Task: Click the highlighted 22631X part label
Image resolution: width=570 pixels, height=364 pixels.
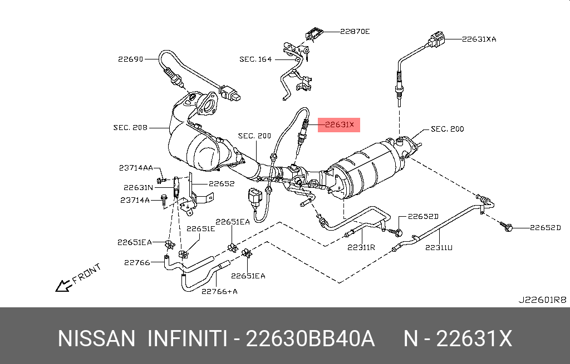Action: (339, 125)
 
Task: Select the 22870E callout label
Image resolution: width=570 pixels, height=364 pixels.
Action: (355, 32)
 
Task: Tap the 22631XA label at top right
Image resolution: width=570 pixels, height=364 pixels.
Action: (479, 39)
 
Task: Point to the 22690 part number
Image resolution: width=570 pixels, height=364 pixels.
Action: (130, 59)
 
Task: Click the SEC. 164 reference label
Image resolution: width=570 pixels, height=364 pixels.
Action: (255, 59)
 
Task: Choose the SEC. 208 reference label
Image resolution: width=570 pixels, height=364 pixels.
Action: (130, 127)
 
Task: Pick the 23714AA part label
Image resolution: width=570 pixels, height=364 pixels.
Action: (136, 168)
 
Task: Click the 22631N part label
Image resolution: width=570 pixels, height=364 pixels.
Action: (138, 188)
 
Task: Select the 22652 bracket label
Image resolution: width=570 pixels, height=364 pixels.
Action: (222, 183)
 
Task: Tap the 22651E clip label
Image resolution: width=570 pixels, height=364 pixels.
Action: (200, 229)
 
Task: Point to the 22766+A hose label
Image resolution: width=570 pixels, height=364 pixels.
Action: (219, 291)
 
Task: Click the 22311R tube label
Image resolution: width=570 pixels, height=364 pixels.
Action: (361, 247)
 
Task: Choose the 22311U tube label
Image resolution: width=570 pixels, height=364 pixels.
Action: (439, 247)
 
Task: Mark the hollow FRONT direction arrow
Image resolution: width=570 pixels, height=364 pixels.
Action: (63, 285)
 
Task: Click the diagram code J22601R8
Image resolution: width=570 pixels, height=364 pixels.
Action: (542, 300)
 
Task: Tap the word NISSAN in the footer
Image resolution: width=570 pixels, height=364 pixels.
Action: (96, 338)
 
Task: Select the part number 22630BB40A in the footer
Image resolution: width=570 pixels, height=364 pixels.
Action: (310, 338)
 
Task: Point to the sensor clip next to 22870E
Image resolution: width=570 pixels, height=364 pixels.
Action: (315, 33)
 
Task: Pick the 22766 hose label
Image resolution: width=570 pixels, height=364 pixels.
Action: (137, 262)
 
